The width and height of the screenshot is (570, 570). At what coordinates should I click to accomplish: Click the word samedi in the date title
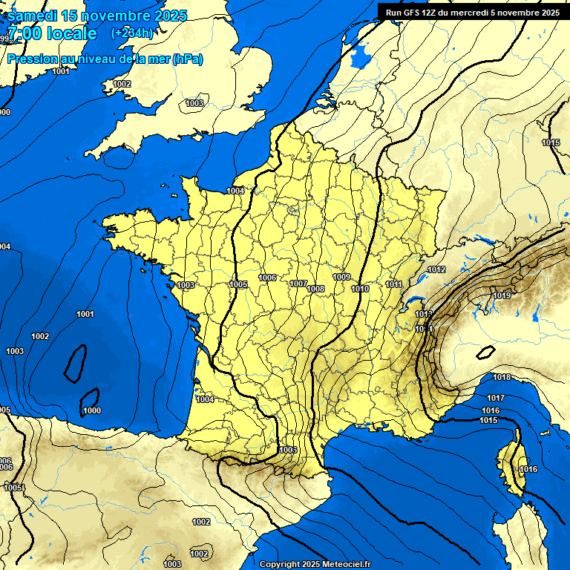pos(35,16)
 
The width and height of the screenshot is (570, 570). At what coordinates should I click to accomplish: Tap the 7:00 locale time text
pos(52,33)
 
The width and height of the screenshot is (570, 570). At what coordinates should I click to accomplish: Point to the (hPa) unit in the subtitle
pos(187,59)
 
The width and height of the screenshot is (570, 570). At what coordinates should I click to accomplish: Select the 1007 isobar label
pos(298,284)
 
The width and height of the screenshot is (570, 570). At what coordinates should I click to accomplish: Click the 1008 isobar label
pos(316,289)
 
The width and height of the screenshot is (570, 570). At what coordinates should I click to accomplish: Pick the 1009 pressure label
pos(341,277)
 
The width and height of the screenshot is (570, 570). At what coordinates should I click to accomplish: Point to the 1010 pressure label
pos(360,289)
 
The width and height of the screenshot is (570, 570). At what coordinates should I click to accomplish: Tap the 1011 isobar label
pos(393,284)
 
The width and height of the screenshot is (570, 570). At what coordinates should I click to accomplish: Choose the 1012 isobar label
pos(436,269)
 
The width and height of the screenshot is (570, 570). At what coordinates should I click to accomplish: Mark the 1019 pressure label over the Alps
pos(502,296)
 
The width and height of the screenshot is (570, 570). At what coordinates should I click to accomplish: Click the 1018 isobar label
pos(502,378)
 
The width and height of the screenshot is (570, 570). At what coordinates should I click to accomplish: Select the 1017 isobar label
pos(496,399)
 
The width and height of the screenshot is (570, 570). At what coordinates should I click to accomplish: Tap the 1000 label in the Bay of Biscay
pos(92,410)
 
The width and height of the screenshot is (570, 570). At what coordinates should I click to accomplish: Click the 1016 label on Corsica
pos(528,469)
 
